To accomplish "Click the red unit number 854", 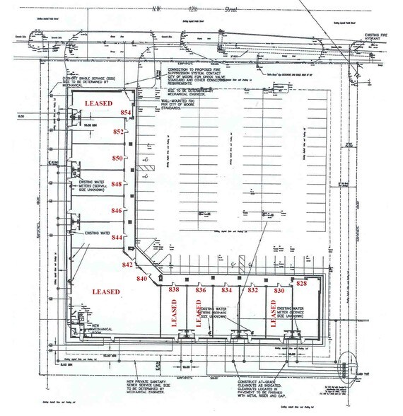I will [127, 112].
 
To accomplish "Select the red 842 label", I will [127, 265].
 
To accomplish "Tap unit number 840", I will [141, 279].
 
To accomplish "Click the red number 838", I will [175, 290].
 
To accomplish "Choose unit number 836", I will [201, 290].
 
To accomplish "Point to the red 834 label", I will [227, 290].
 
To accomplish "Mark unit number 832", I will [252, 290].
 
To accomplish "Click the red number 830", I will [279, 290].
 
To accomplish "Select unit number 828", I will [302, 283].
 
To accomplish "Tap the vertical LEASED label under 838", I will [174, 315].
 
